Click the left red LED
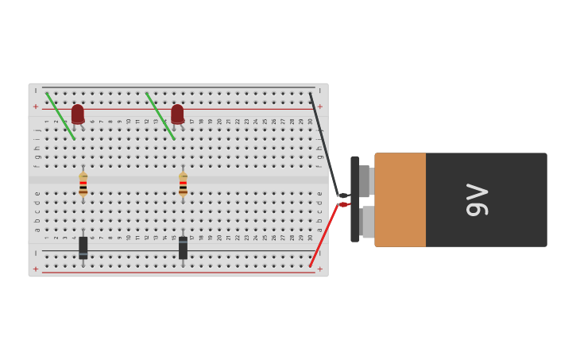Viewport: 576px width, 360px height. pos(77,114)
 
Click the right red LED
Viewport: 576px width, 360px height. pos(177,114)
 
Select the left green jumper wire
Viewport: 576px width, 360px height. pos(60,116)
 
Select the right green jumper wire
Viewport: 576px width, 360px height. pos(160,116)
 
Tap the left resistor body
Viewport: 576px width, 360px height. pos(83,184)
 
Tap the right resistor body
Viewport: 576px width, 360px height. pos(183,184)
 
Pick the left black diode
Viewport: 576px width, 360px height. pos(83,247)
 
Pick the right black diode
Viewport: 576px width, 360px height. pos(183,247)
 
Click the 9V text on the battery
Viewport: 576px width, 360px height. pos(477,199)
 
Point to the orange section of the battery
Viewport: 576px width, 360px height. pos(400,199)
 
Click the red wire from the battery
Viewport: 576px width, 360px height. pos(324,235)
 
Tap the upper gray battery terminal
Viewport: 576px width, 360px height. pos(365,181)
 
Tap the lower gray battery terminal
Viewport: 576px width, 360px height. pos(367,222)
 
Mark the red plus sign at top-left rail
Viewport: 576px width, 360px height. pos(35,106)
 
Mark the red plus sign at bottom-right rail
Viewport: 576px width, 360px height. pos(320,269)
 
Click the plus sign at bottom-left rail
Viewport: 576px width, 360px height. pos(35,269)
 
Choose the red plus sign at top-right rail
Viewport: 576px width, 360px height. pos(320,106)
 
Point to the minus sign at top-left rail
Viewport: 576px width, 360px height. pos(35,91)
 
